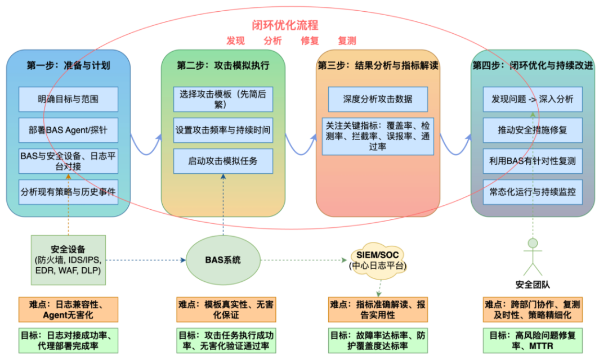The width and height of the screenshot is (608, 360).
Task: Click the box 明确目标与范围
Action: (68, 99)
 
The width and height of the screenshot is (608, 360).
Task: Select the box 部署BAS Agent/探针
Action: (68, 130)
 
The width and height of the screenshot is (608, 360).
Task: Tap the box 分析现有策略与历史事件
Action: (68, 192)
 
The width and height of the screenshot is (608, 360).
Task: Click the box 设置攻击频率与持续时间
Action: (223, 130)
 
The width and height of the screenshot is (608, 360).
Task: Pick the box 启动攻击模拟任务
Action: (223, 161)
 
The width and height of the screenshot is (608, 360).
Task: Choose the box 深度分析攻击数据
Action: (378, 99)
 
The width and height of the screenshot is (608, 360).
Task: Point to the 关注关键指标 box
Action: (378, 136)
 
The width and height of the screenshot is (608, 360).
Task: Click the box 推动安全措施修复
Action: (533, 130)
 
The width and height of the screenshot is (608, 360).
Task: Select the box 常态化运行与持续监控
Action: (533, 192)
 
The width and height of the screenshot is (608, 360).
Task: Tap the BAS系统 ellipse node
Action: (223, 260)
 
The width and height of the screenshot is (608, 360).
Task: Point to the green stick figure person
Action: (533, 256)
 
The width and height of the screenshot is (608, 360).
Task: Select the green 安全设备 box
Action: (68, 260)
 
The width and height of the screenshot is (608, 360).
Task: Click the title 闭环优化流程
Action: (285, 25)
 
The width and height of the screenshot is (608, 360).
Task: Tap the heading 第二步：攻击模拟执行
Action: (223, 65)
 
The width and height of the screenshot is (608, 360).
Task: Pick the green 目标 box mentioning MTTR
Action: (533, 340)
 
